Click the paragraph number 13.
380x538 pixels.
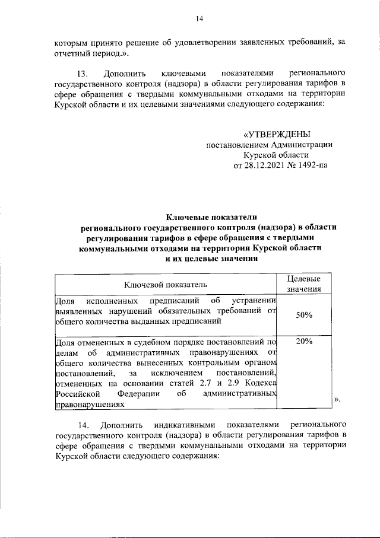pyautogui.click(x=83, y=74)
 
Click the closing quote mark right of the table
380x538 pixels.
pyautogui.click(x=337, y=400)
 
